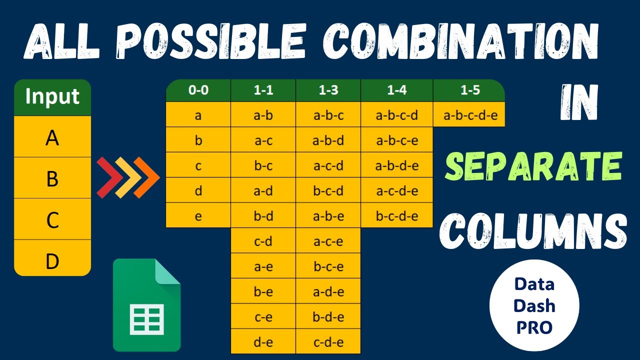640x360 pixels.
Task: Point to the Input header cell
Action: click(x=52, y=96)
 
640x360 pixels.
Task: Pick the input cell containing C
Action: click(x=52, y=219)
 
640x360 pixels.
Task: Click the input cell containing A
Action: click(x=52, y=137)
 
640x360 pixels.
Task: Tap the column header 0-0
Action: click(x=198, y=90)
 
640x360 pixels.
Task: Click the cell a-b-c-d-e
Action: click(x=470, y=116)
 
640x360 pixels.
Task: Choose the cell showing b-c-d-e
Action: click(x=396, y=216)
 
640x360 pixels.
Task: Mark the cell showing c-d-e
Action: click(x=328, y=342)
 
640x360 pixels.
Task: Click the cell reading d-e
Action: click(x=263, y=342)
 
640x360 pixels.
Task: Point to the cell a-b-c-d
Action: click(x=396, y=116)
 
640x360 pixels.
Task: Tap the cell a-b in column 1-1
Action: click(x=263, y=116)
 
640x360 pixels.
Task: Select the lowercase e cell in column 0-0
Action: click(x=198, y=216)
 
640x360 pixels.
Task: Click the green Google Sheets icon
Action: click(x=146, y=305)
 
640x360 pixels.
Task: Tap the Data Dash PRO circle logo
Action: click(x=534, y=305)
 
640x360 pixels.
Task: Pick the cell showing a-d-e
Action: click(x=328, y=292)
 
